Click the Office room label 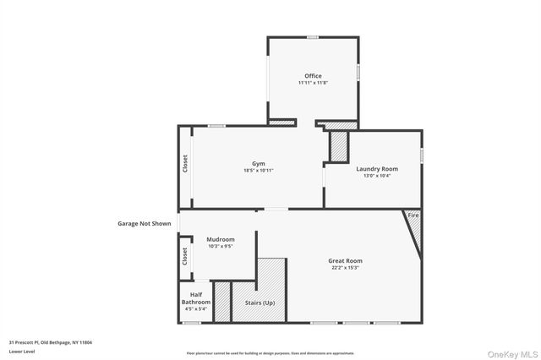[x=313, y=76]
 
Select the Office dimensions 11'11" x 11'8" [x=313, y=83]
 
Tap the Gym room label [x=258, y=163]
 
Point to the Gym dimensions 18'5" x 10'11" [x=258, y=170]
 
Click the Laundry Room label [x=377, y=168]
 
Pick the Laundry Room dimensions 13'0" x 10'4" [x=377, y=175]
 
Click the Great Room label [x=345, y=261]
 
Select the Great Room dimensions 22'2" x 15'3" [x=345, y=268]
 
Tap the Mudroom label [x=221, y=239]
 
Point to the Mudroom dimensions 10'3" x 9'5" [x=221, y=246]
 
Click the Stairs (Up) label [x=260, y=302]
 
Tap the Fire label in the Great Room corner [x=413, y=216]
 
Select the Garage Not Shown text [x=144, y=224]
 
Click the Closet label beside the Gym [x=185, y=163]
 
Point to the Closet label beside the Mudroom [x=185, y=257]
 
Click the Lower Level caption [x=20, y=351]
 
